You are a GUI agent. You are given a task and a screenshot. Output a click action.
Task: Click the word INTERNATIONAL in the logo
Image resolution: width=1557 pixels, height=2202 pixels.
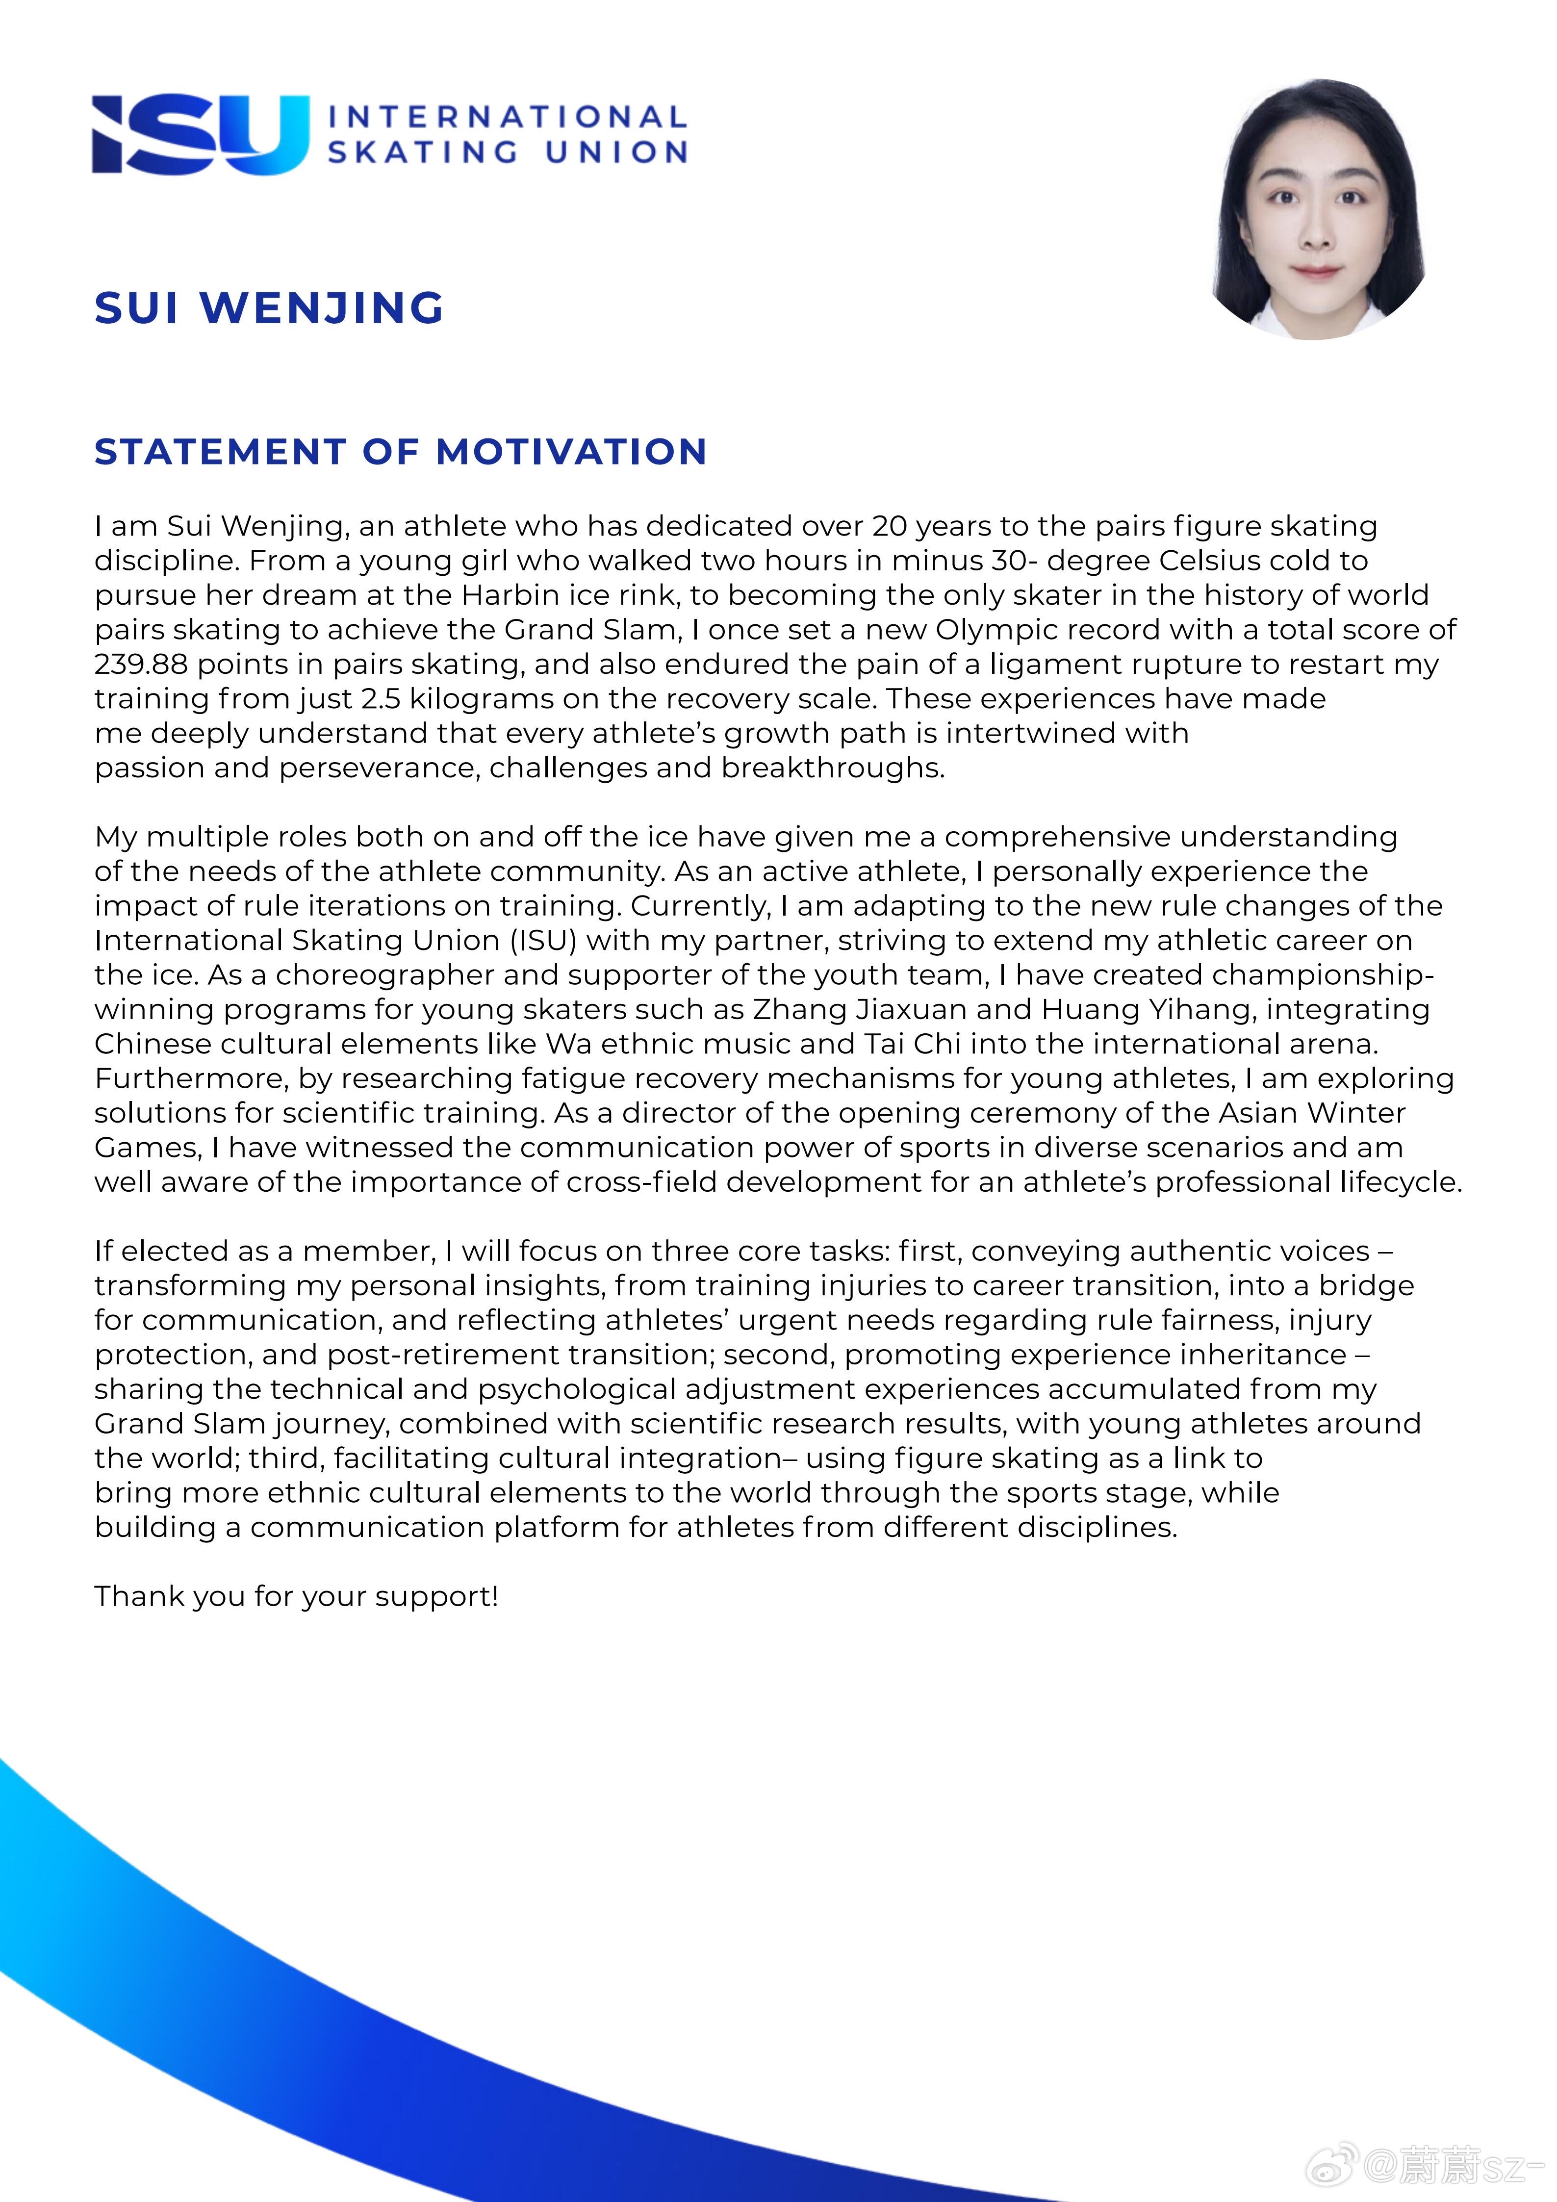click(x=507, y=117)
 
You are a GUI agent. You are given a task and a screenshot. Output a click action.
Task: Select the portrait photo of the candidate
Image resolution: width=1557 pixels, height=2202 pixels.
click(x=1319, y=209)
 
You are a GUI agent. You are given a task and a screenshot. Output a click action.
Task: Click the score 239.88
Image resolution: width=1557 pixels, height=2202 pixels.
click(x=140, y=664)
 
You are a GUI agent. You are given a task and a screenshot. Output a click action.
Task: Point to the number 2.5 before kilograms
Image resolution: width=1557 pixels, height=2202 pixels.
click(x=382, y=698)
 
